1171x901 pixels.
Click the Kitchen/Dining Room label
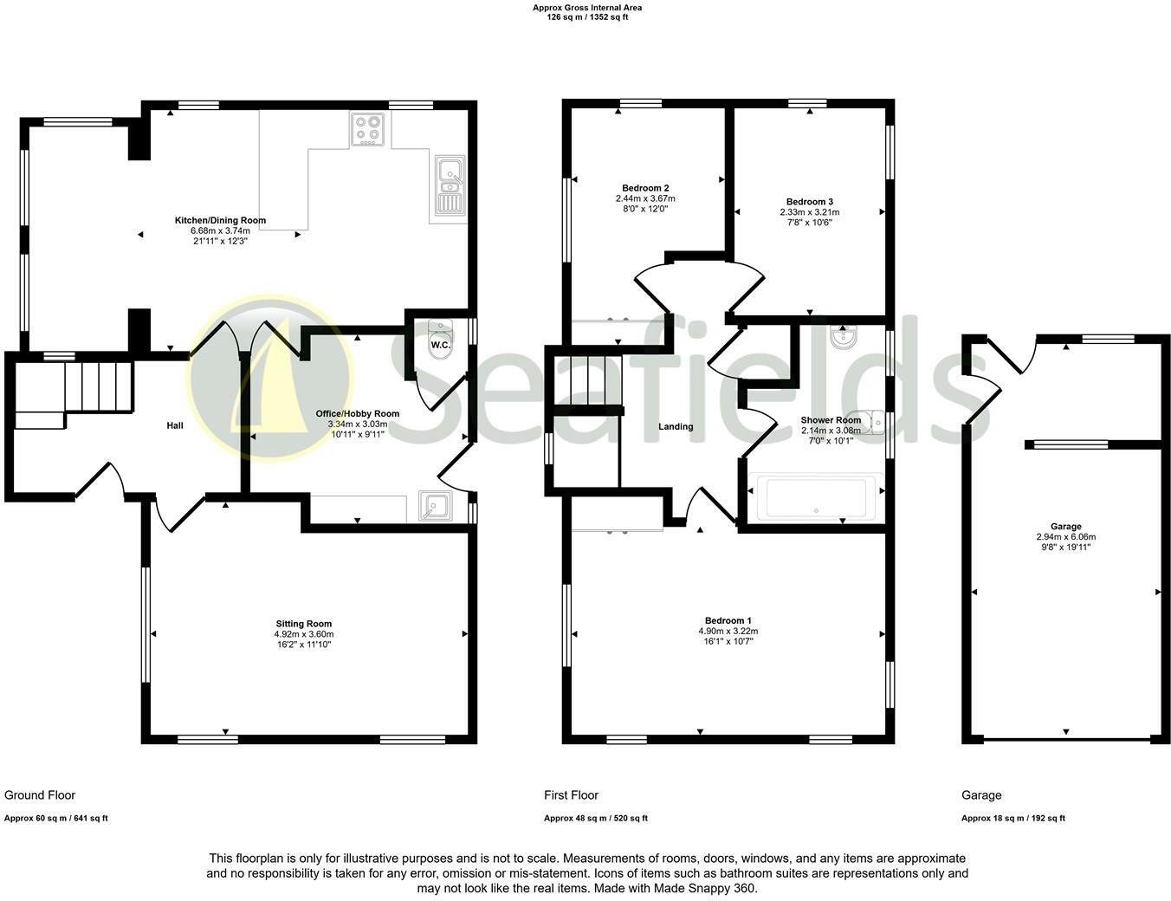point(220,220)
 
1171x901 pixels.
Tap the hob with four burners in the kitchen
point(368,129)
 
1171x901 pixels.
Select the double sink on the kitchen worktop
point(450,185)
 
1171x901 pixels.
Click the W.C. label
point(440,346)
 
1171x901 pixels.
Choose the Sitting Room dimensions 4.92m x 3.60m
point(303,634)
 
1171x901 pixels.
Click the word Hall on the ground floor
point(175,425)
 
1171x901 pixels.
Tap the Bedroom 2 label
point(645,188)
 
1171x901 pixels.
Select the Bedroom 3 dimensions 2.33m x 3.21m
point(809,212)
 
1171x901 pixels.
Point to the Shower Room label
point(831,420)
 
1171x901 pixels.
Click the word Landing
point(676,426)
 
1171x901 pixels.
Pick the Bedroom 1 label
point(728,620)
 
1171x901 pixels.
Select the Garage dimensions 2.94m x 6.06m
point(1065,537)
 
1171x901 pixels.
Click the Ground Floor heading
point(40,795)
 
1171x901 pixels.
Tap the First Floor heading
point(571,795)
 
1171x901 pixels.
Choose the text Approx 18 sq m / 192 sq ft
point(1012,819)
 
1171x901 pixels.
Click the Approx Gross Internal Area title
point(586,8)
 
